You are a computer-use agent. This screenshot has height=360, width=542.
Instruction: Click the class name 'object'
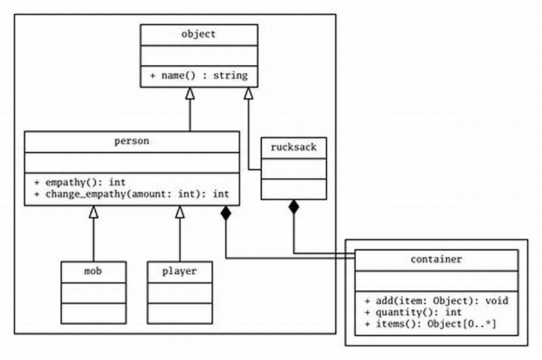199,35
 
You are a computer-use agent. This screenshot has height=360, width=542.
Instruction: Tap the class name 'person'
131,141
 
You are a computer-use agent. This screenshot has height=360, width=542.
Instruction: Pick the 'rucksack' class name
293,147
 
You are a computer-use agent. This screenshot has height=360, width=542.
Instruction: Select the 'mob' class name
93,271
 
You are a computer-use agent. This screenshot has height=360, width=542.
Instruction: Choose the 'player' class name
180,271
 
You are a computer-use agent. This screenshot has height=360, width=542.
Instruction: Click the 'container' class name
437,259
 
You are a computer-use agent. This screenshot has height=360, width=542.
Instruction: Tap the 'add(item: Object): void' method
437,300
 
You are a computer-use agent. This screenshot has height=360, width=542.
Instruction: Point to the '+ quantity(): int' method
413,312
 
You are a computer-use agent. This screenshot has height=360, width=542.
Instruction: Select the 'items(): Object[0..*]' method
430,323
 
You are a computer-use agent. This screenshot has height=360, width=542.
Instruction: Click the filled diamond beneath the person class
226,215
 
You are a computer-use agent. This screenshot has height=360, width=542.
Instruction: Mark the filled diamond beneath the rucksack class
293,207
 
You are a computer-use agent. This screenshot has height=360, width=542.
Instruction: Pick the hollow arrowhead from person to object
190,94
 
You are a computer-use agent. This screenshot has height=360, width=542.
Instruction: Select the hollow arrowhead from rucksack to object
249,94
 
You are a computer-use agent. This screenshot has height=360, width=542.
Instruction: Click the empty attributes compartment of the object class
199,55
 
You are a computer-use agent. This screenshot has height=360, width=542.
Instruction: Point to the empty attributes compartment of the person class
131,163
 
